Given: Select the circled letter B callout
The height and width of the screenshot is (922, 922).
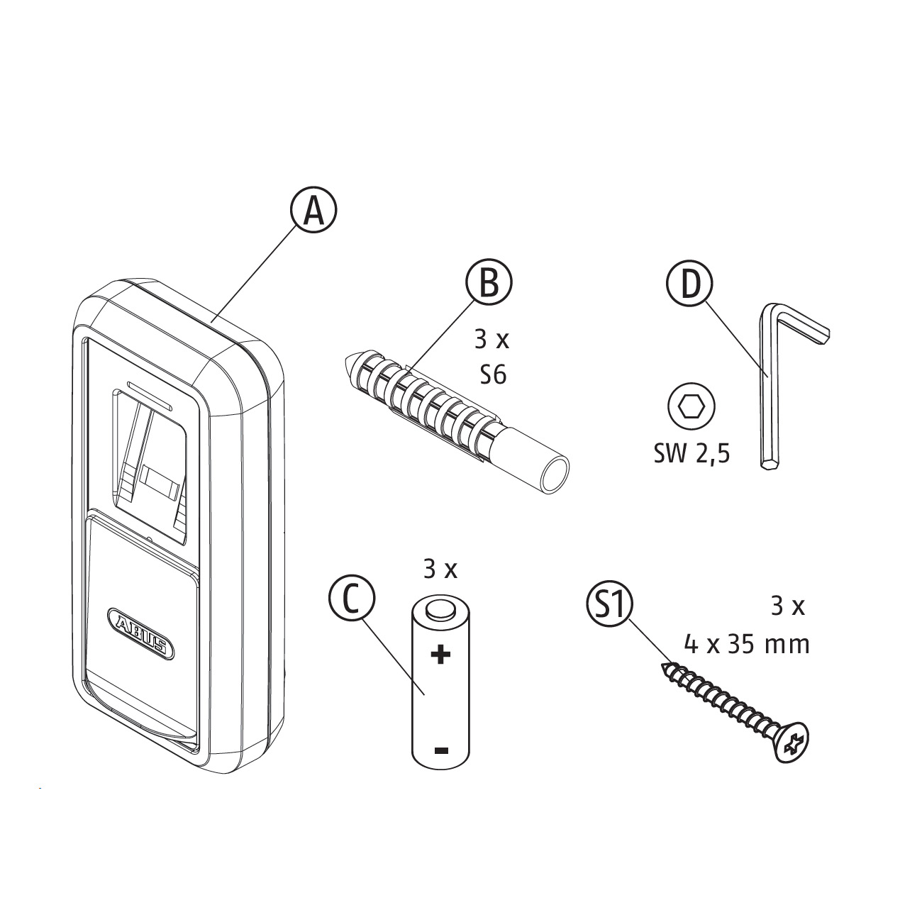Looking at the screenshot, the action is click(489, 283).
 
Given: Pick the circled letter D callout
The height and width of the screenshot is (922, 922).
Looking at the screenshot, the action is click(689, 284).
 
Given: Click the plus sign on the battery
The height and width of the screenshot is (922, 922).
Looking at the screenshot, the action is click(440, 655).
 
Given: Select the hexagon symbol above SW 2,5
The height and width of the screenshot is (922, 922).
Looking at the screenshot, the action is click(691, 406).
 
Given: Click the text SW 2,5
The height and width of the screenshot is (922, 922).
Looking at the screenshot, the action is click(692, 454).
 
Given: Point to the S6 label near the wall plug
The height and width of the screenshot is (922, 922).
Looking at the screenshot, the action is click(493, 375).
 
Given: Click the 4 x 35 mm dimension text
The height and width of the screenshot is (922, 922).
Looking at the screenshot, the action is click(747, 645).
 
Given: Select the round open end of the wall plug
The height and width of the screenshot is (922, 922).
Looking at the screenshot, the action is click(553, 476).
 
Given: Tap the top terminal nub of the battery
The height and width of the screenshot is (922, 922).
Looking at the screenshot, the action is click(440, 609).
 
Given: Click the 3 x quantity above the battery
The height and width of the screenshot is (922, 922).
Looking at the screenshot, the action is click(440, 570).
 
